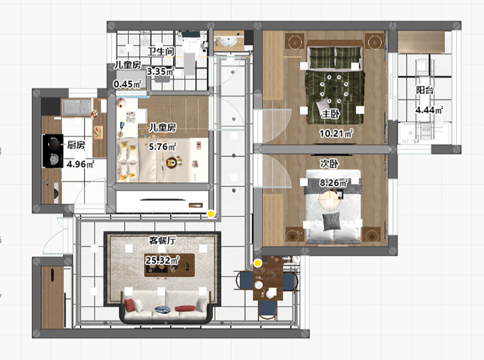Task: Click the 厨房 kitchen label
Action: point(76,145)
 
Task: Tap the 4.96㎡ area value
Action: point(81,164)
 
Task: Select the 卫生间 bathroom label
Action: point(161,51)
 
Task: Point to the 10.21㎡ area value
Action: point(336,133)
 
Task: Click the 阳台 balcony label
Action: point(425,90)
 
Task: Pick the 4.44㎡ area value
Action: point(429,110)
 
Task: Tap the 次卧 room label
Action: point(329,163)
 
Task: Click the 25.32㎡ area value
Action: point(162,260)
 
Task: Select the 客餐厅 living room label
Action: point(162,240)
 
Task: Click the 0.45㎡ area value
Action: point(127,84)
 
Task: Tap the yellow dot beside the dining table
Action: point(258,263)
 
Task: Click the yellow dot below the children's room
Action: point(211,214)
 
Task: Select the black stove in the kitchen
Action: point(53,151)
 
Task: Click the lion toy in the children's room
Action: point(172,162)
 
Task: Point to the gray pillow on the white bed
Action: point(331,222)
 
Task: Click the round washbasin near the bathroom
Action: point(229,40)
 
